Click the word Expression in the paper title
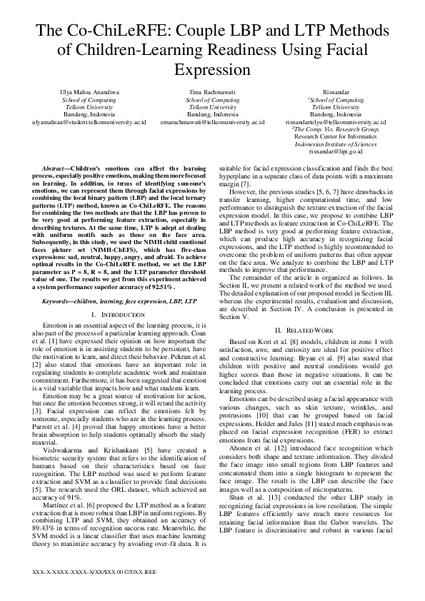(212, 71)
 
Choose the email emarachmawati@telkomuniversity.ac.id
(212, 122)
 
